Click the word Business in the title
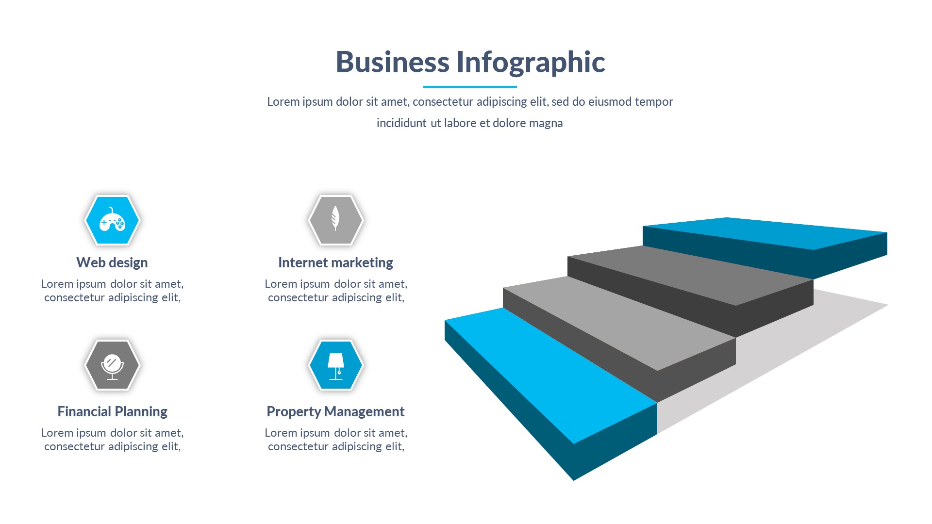[x=393, y=62]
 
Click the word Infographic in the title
[x=530, y=62]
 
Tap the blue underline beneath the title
[x=470, y=87]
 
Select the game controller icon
[x=112, y=220]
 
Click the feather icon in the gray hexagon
[x=335, y=218]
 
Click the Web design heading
[x=112, y=262]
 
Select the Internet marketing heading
[x=335, y=262]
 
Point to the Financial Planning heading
[x=112, y=411]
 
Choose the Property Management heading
[x=335, y=411]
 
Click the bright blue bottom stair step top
[x=549, y=374]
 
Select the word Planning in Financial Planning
[x=141, y=411]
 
